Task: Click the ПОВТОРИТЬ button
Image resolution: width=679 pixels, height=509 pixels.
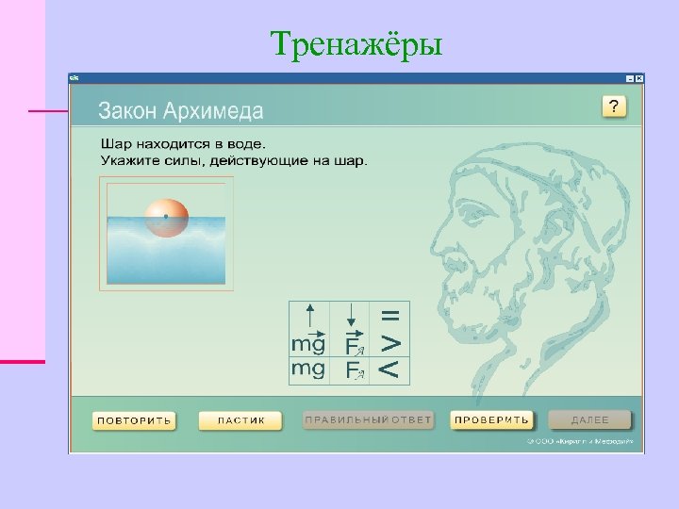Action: tap(133, 420)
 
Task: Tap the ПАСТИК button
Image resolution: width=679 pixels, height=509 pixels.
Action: tap(240, 420)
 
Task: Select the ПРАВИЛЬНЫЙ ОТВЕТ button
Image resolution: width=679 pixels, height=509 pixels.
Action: tap(367, 420)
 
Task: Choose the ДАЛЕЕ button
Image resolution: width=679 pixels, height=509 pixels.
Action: tap(589, 420)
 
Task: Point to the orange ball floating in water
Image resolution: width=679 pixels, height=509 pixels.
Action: tap(165, 216)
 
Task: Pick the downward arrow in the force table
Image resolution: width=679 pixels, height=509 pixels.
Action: tap(350, 317)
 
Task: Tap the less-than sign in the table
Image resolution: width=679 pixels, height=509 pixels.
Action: tap(389, 370)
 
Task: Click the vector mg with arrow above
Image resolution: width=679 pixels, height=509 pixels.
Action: tap(307, 342)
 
